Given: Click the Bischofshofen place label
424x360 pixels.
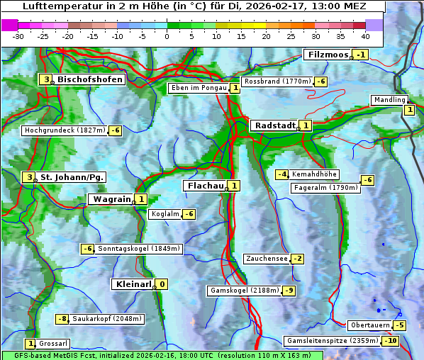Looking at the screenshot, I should pyautogui.click(x=90, y=79).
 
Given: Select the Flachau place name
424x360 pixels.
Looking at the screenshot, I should pyautogui.click(x=204, y=186).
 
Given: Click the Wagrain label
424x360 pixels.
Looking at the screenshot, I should pyautogui.click(x=111, y=200).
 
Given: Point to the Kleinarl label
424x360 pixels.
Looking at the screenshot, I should pyautogui.click(x=133, y=284).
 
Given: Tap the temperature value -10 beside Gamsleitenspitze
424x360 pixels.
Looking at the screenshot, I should pyautogui.click(x=390, y=341).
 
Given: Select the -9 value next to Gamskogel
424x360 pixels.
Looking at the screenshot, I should pyautogui.click(x=289, y=291).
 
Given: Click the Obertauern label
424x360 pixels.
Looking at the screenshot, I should pyautogui.click(x=370, y=325).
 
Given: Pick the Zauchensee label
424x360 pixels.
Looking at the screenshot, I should pyautogui.click(x=267, y=259).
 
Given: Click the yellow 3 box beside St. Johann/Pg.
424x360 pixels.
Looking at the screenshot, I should pyautogui.click(x=28, y=177).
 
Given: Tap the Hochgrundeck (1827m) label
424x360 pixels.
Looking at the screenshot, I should pyautogui.click(x=64, y=130).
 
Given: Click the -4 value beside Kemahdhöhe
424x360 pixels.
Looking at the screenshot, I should pyautogui.click(x=281, y=174).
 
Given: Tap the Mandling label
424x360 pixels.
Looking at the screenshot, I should pyautogui.click(x=389, y=100).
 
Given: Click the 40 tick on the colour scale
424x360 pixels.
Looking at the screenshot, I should pyautogui.click(x=365, y=36).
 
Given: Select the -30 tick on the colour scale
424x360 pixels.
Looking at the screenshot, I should pyautogui.click(x=18, y=36).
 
